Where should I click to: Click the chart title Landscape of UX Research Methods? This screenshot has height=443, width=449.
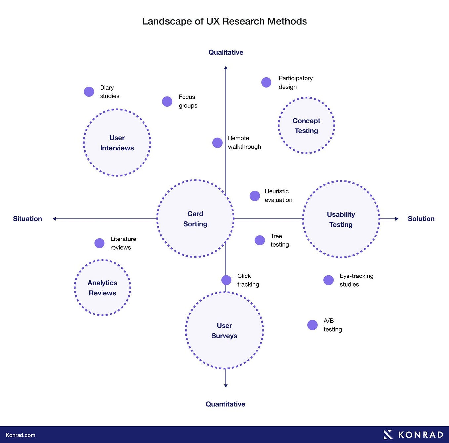click(x=224, y=21)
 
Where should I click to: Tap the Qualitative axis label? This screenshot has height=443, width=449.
click(x=226, y=52)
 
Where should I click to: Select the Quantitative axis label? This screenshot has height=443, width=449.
click(x=225, y=404)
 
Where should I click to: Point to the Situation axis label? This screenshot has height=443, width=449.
click(x=27, y=219)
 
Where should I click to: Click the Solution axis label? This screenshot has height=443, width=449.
click(x=421, y=219)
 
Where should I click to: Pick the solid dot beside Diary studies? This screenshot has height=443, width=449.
click(x=89, y=92)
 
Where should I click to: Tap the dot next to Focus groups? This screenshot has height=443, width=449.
click(x=167, y=101)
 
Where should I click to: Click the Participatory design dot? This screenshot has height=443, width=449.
click(x=266, y=82)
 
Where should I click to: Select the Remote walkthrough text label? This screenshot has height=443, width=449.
click(x=244, y=142)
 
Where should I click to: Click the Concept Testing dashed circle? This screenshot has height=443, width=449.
click(x=306, y=126)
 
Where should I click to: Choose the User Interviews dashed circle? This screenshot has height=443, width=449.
click(x=117, y=143)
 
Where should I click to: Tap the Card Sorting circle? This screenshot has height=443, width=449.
click(x=195, y=219)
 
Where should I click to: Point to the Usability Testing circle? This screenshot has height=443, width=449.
click(x=341, y=219)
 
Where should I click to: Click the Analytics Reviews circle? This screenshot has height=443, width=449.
click(x=102, y=288)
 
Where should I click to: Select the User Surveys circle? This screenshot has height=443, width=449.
click(x=224, y=330)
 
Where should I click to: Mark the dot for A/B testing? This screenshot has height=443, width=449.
click(x=312, y=325)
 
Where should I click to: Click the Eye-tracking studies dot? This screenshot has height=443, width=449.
click(x=328, y=280)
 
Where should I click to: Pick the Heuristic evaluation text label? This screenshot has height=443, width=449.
click(x=278, y=196)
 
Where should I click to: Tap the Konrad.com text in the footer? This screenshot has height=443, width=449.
click(x=20, y=435)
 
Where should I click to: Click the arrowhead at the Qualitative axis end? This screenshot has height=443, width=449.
click(x=226, y=68)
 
